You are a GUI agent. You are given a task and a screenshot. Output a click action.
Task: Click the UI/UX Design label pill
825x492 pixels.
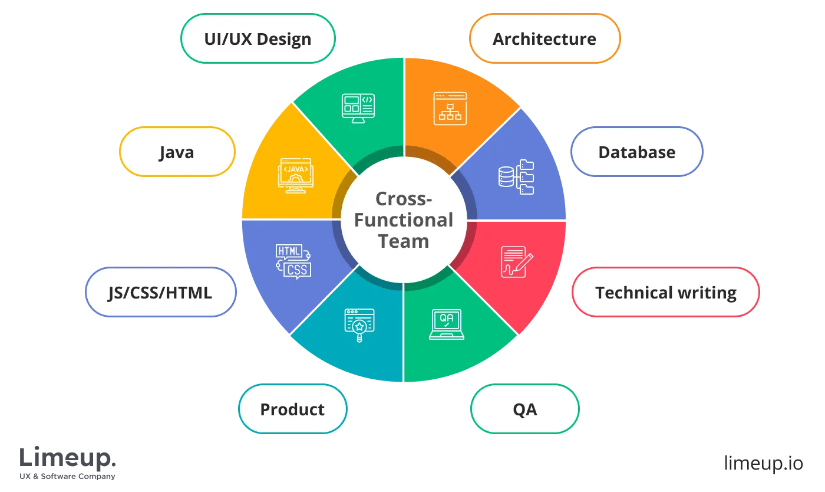coord(258,39)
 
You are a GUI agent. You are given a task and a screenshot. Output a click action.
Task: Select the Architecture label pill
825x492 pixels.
coord(544,39)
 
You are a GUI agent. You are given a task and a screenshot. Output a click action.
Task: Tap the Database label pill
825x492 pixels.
coord(636,152)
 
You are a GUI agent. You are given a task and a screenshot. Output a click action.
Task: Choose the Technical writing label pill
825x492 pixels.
coord(665,293)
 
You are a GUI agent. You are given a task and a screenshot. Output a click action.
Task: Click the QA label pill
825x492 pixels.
coord(524,409)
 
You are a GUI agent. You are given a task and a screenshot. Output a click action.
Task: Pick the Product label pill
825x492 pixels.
coord(292,409)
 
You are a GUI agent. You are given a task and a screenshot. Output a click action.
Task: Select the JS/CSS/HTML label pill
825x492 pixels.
coord(160,293)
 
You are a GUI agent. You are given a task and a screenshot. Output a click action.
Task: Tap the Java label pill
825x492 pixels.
coord(177,152)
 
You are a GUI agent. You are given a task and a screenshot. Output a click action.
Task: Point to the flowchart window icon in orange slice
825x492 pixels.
coord(450,108)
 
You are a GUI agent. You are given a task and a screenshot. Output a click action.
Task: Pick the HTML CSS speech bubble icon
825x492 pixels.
coord(293,261)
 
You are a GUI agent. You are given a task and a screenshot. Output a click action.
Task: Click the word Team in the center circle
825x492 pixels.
coord(404,241)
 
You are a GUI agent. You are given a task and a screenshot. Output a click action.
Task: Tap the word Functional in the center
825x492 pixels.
coord(404,220)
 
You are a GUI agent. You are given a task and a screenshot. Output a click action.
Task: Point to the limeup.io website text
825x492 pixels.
coord(763,463)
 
